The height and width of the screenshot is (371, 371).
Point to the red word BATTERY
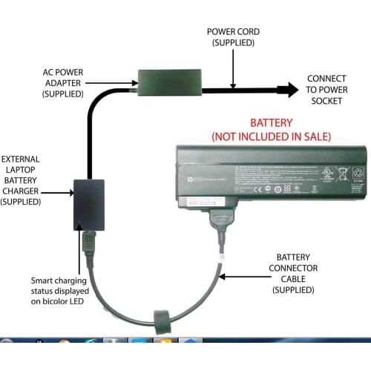271,122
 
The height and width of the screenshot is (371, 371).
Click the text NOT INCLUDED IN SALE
271,137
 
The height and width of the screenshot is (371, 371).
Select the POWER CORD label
233,37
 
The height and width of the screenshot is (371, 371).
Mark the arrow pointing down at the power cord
234,68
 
